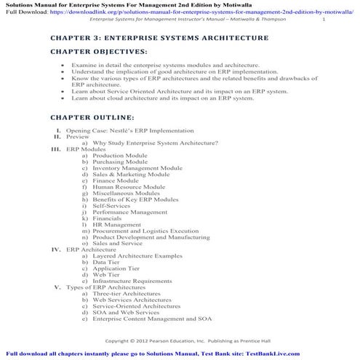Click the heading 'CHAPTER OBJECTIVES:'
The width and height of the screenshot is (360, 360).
[x=98, y=52]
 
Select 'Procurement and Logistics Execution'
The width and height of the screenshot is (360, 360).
[x=145, y=231]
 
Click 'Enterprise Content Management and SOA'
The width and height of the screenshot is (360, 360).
[x=151, y=319]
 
